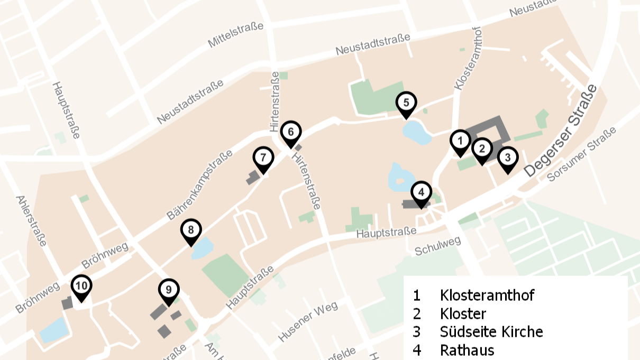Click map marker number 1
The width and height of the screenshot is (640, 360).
pyautogui.click(x=460, y=142)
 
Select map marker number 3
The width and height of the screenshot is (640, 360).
pyautogui.click(x=507, y=158)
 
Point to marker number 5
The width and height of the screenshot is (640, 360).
pyautogui.click(x=406, y=103)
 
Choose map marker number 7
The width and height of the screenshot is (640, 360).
pyautogui.click(x=263, y=158)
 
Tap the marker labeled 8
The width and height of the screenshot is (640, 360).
pyautogui.click(x=191, y=230)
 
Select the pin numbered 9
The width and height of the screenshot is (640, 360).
pyautogui.click(x=169, y=290)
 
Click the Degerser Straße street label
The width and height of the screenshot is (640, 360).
pyautogui.click(x=561, y=131)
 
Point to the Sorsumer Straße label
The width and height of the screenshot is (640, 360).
pyautogui.click(x=582, y=154)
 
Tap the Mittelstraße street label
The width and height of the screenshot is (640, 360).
pyautogui.click(x=235, y=35)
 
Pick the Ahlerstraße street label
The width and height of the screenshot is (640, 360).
pyautogui.click(x=31, y=221)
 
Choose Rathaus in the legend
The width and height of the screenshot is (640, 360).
pyautogui.click(x=467, y=350)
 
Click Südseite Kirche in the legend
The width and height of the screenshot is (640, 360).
pyautogui.click(x=491, y=331)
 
